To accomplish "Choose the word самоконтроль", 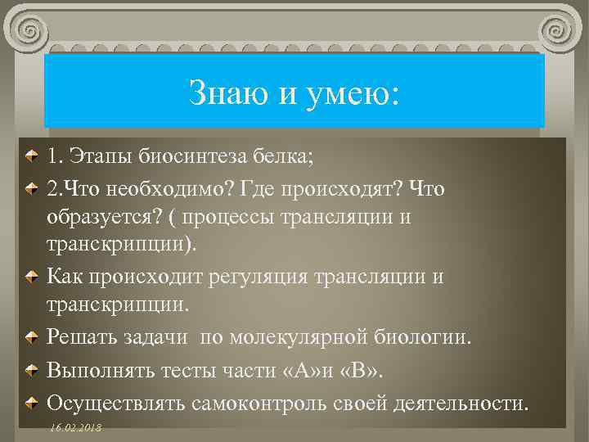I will [259, 403].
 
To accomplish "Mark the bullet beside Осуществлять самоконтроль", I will [29, 403].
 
